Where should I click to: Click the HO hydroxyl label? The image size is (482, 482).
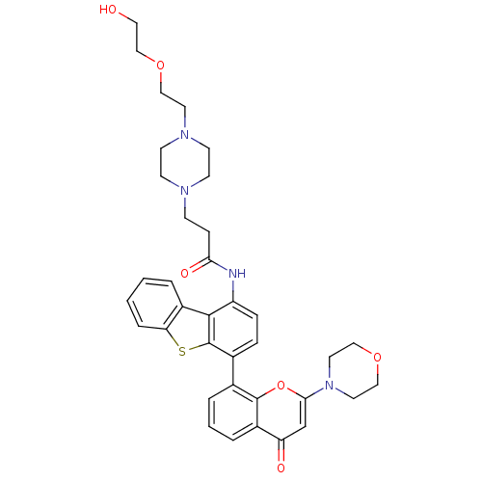tap(108, 10)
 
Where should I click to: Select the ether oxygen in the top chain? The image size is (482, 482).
tap(160, 66)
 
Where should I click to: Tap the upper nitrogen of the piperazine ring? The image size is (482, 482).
tap(185, 134)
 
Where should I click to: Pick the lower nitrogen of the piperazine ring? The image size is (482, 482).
tap(185, 191)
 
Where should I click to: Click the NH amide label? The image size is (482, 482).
tap(237, 274)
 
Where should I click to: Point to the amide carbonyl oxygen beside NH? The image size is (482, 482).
tap(184, 274)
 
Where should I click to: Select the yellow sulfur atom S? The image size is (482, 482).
tap(182, 352)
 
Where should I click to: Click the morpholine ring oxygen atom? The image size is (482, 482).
tap(377, 357)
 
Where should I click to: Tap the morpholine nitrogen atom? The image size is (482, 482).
tap(330, 385)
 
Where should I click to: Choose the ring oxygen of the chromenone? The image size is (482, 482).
tap(281, 385)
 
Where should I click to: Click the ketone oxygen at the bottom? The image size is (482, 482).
tap(281, 468)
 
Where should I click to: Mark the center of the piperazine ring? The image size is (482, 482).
tap(185, 162)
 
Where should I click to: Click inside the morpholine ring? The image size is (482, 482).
tap(354, 371)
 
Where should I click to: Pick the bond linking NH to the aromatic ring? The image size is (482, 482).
tap(233, 291)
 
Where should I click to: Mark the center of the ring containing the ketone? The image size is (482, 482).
tap(281, 413)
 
